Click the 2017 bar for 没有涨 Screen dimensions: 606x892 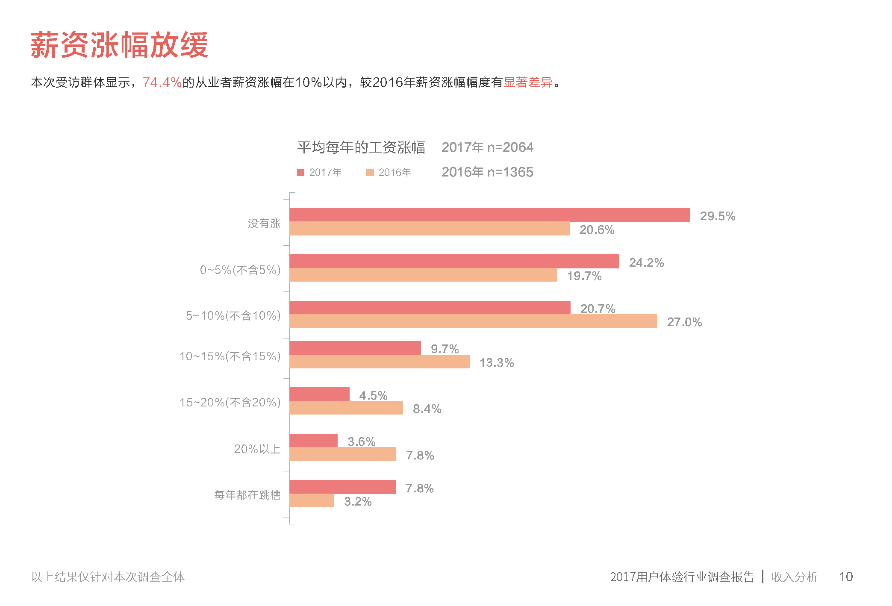tap(489, 215)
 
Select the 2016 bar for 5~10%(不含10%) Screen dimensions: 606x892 tap(473, 321)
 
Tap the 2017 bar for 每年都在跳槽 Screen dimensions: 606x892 tap(342, 487)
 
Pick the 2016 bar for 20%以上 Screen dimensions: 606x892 tap(342, 454)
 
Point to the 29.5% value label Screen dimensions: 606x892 tap(717, 216)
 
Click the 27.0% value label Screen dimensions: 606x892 tap(684, 322)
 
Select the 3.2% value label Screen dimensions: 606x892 tap(358, 502)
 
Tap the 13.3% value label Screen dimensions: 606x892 tap(496, 363)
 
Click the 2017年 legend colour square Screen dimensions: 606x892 tap(300, 172)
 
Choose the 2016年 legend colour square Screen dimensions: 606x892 tap(370, 172)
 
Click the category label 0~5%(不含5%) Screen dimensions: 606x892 tap(240, 270)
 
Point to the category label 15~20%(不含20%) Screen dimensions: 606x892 tap(230, 402)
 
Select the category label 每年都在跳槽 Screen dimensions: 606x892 tap(247, 495)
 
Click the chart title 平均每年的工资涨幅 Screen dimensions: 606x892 tap(361, 147)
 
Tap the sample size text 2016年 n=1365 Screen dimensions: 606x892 tap(487, 172)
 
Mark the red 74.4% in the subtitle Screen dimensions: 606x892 tap(162, 82)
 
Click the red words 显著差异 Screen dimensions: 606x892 tap(528, 82)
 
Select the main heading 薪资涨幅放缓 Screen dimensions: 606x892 tap(119, 45)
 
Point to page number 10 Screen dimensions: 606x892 tap(845, 577)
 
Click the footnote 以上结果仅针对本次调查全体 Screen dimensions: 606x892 tap(108, 577)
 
